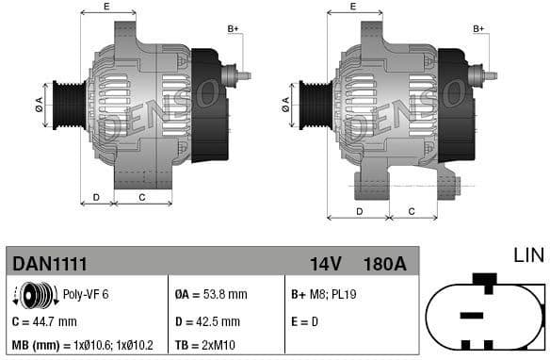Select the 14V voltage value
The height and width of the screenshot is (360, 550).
[325, 263]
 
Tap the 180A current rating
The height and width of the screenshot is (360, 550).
[384, 263]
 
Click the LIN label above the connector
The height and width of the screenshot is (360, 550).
[527, 255]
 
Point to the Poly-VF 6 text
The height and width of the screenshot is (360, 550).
[86, 295]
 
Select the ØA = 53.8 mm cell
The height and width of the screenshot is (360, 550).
[212, 295]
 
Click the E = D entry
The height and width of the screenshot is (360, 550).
[306, 321]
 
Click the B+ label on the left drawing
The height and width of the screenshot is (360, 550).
[233, 30]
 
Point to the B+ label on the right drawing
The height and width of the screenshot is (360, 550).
[478, 30]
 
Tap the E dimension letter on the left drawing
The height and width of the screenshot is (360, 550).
[105, 8]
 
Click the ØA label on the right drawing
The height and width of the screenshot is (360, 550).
[284, 101]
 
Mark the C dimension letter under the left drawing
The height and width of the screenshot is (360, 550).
[141, 197]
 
